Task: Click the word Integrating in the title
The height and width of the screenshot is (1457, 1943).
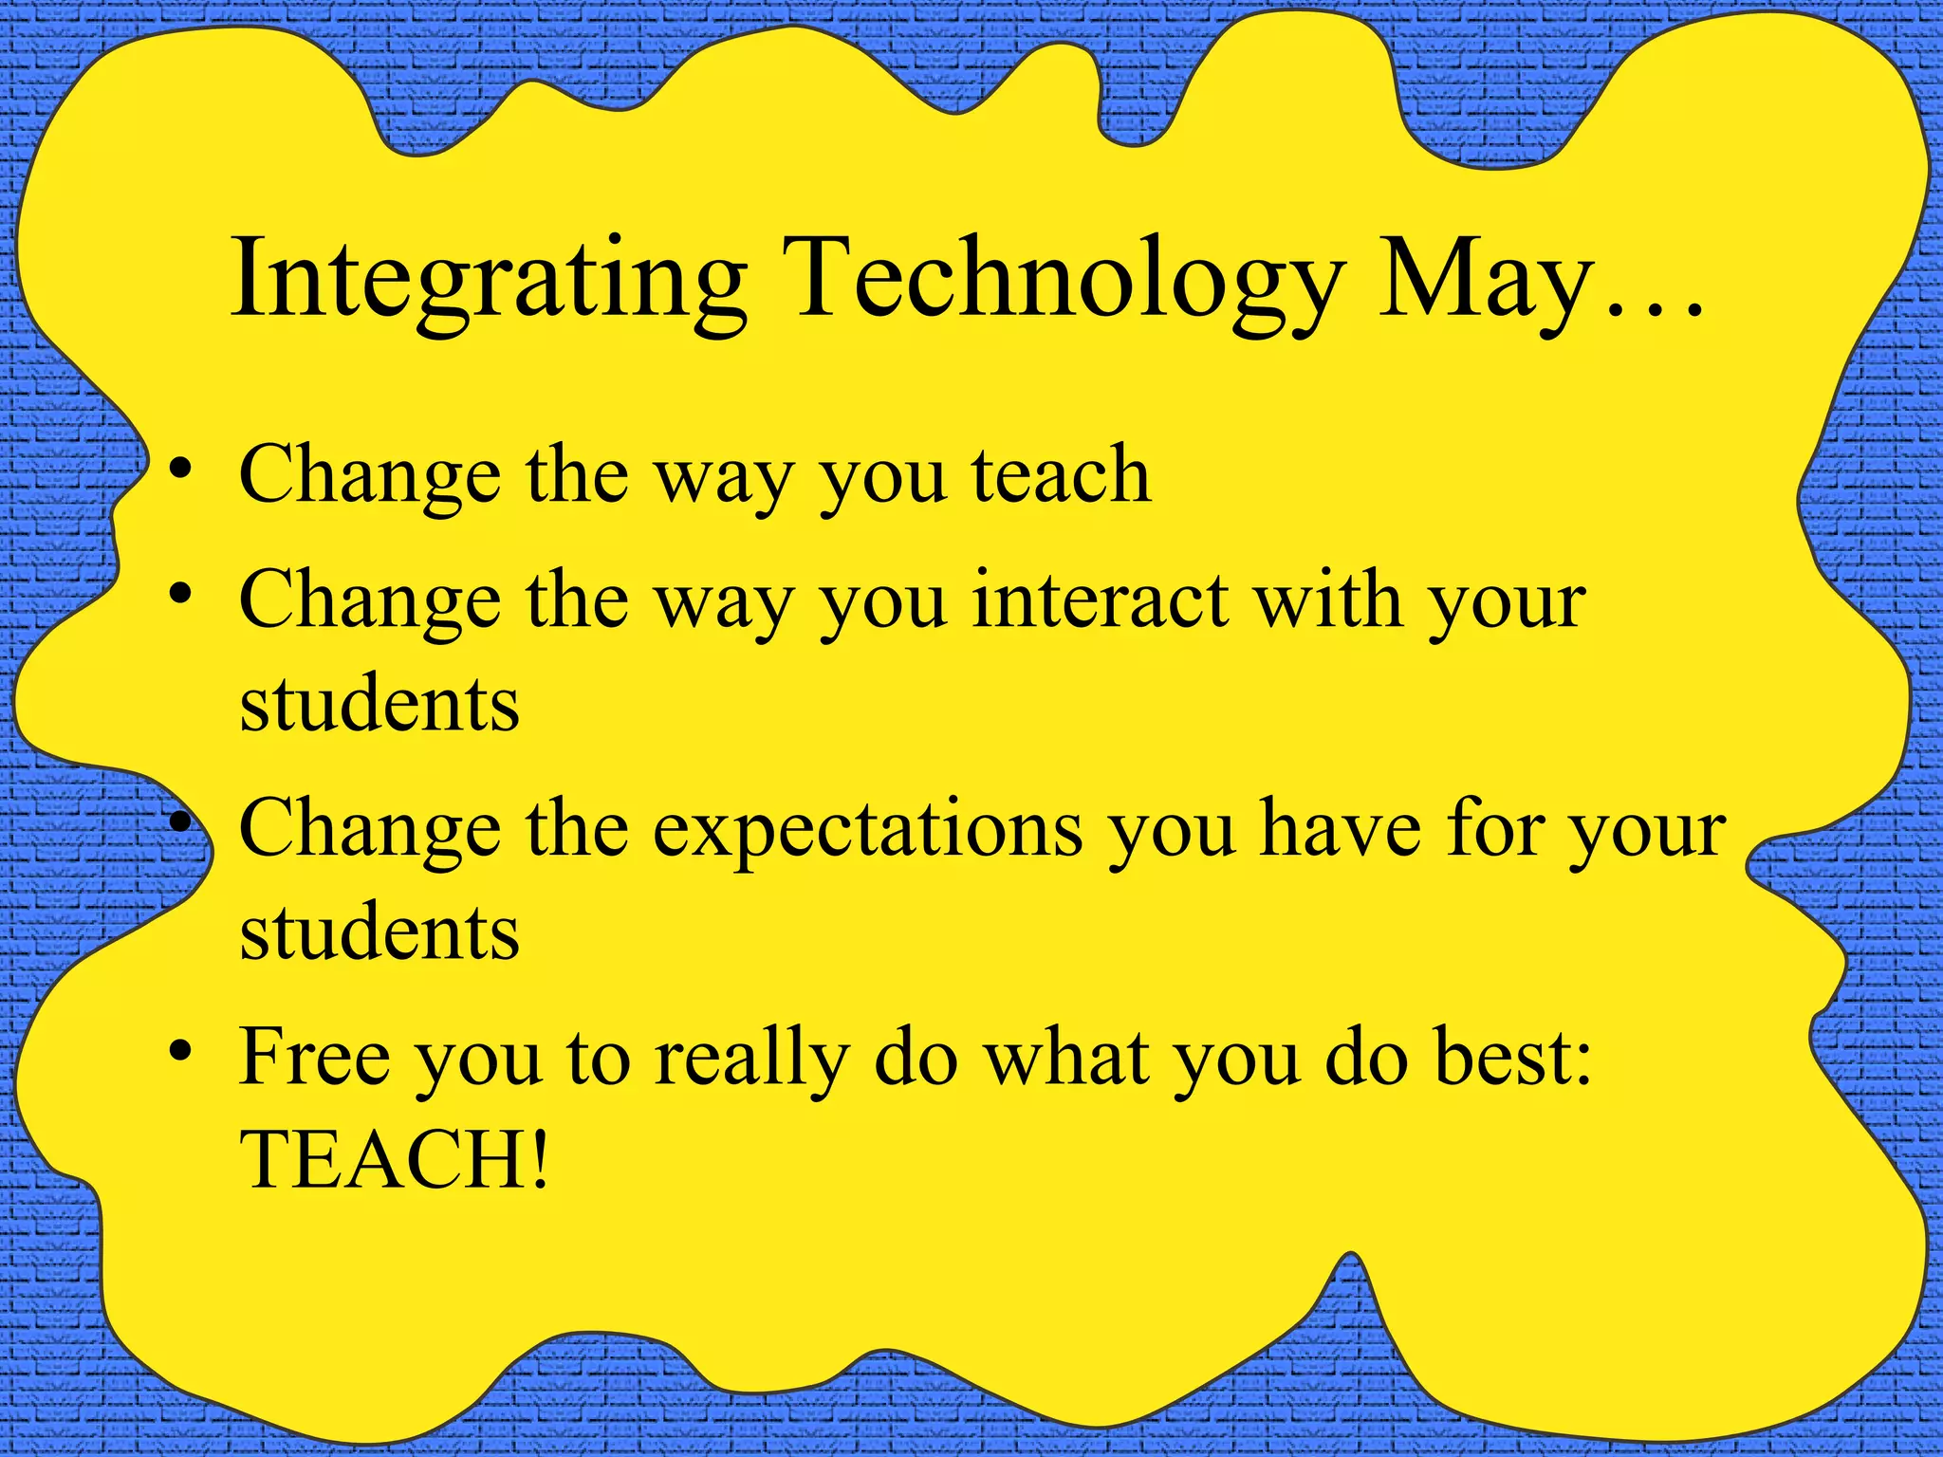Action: point(489,282)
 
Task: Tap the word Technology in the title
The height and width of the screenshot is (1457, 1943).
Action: point(1063,282)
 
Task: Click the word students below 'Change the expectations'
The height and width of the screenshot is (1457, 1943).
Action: point(379,931)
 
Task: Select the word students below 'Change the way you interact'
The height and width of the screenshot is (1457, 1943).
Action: point(379,704)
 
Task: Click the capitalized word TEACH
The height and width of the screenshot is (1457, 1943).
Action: point(384,1159)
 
